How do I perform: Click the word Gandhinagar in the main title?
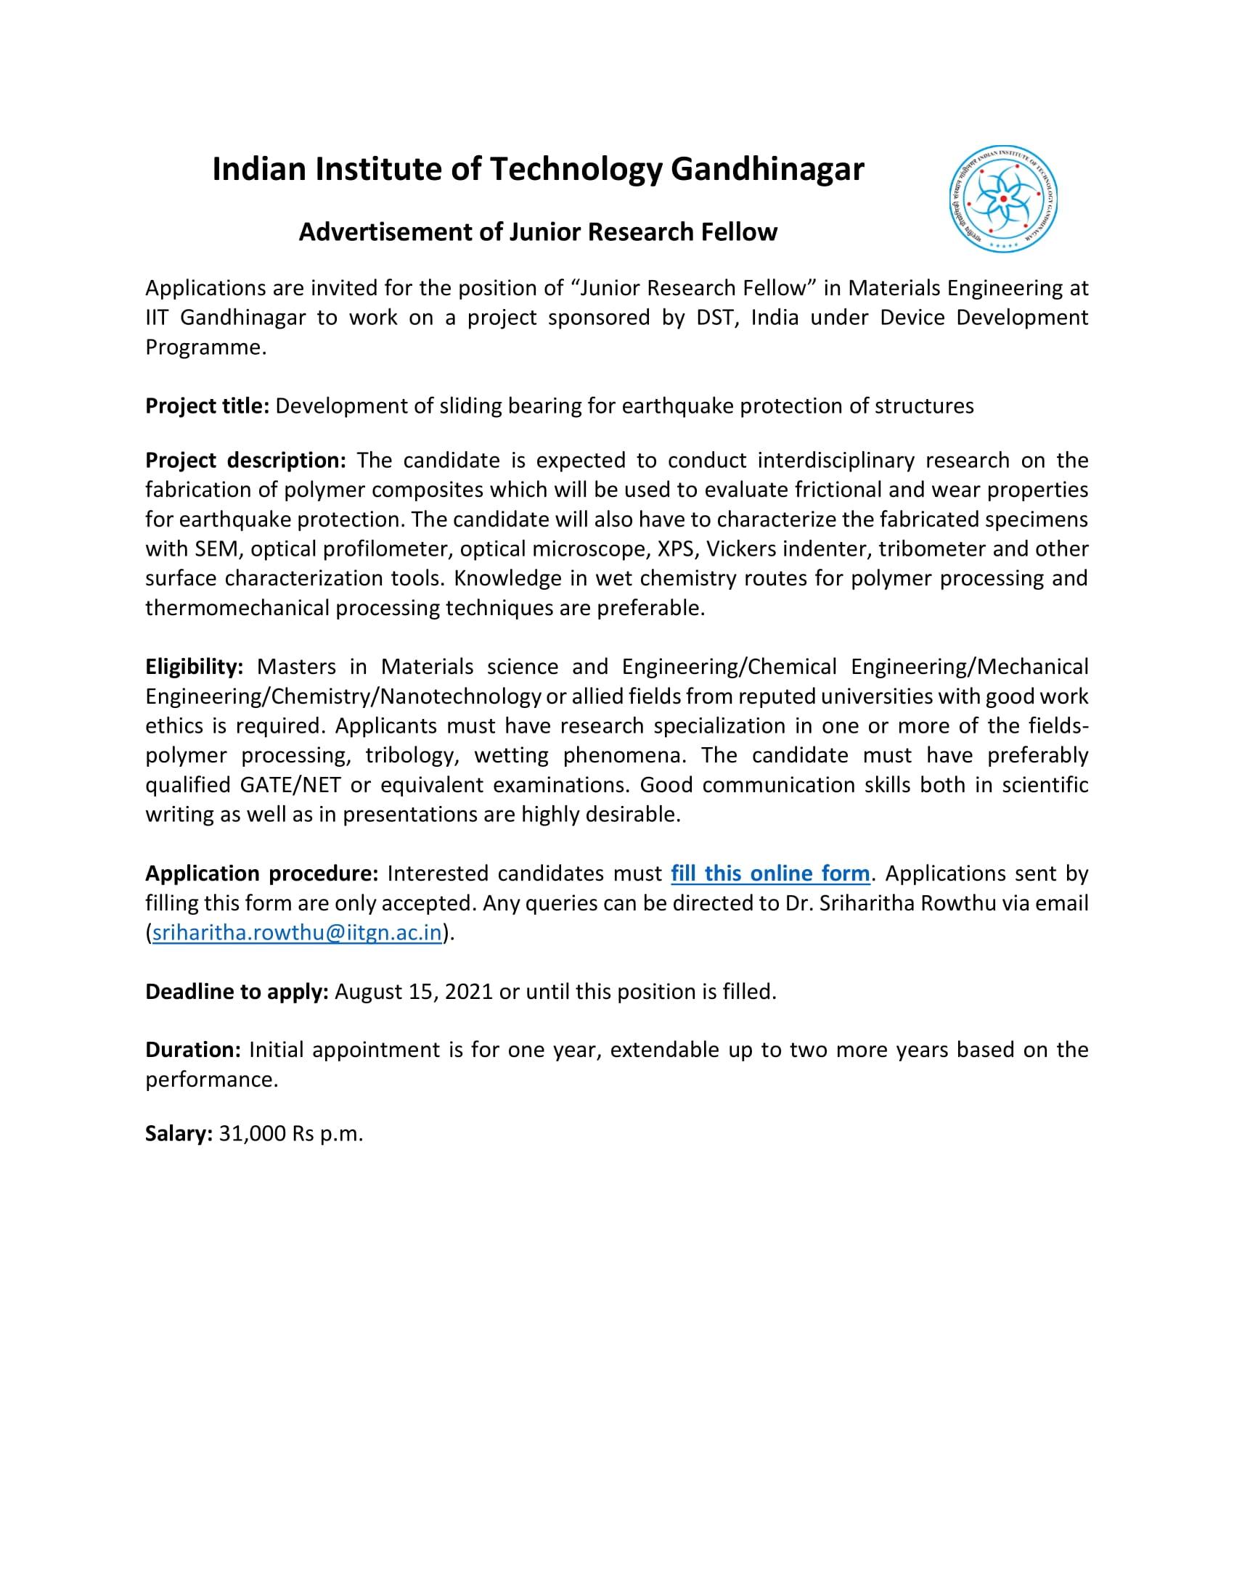coord(767,170)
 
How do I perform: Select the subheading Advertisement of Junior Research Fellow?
coord(538,232)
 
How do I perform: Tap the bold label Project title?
coord(208,406)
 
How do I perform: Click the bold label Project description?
coord(245,461)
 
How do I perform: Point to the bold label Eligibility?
coord(194,667)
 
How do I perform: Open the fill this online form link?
coord(769,873)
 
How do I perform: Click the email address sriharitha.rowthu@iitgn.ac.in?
coord(297,933)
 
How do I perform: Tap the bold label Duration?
coord(193,1050)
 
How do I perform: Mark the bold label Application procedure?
coord(261,873)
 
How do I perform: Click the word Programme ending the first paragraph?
coord(204,347)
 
